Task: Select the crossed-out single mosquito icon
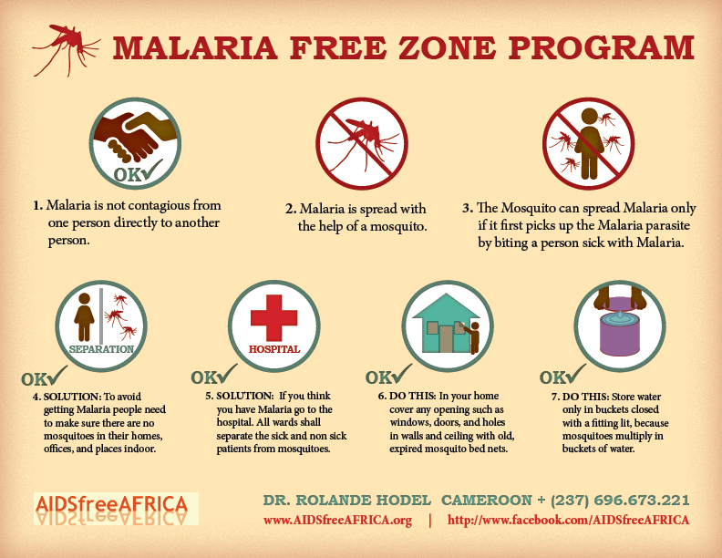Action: (x=362, y=143)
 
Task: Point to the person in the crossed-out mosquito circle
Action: (x=589, y=143)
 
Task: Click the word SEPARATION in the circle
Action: (x=101, y=349)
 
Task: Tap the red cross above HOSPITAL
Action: (x=274, y=318)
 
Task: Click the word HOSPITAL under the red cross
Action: (x=274, y=349)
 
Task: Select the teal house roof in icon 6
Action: (x=446, y=306)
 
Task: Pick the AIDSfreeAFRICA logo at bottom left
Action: (x=116, y=509)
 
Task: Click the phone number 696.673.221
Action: (x=642, y=500)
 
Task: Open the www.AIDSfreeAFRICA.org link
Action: (x=337, y=521)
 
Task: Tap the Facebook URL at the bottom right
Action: (x=568, y=521)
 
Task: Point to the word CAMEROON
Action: (x=487, y=500)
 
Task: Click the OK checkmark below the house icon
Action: (x=388, y=376)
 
